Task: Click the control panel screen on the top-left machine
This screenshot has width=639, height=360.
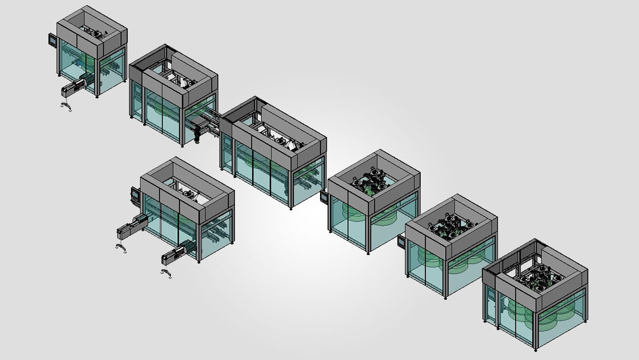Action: click(x=52, y=39)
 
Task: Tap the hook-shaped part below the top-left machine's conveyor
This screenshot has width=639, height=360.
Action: click(x=67, y=107)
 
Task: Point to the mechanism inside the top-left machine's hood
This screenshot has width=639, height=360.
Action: click(x=96, y=34)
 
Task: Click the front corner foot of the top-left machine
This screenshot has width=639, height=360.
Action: click(x=96, y=97)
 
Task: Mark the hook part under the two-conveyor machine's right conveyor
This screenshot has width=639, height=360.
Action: click(x=166, y=273)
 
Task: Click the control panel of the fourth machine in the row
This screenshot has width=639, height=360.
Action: click(x=324, y=197)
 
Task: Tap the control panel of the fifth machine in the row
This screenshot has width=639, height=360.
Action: click(x=401, y=241)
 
